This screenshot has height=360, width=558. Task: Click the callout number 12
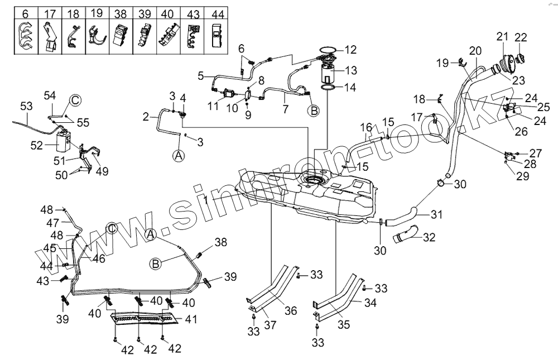tap(350, 50)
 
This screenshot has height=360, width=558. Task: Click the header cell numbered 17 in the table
tap(50, 12)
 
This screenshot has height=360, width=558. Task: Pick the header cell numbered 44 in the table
tap(217, 12)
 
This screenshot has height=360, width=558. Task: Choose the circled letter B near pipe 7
tap(314, 111)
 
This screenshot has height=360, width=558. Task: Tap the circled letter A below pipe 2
tap(179, 156)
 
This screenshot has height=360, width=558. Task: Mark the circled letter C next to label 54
tap(75, 100)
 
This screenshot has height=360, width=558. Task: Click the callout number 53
tap(26, 105)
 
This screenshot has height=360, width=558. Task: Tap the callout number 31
tap(437, 214)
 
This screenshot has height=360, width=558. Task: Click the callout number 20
tap(475, 50)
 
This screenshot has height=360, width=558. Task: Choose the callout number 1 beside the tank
tap(206, 199)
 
